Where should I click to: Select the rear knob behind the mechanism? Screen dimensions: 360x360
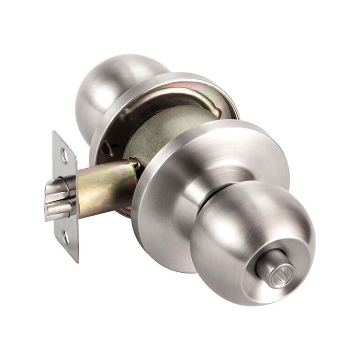tap(108, 89)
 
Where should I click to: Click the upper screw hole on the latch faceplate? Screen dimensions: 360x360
tap(64, 156)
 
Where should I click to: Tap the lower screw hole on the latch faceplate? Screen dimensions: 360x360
tap(66, 237)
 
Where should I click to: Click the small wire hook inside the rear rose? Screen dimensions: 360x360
tap(109, 149)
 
